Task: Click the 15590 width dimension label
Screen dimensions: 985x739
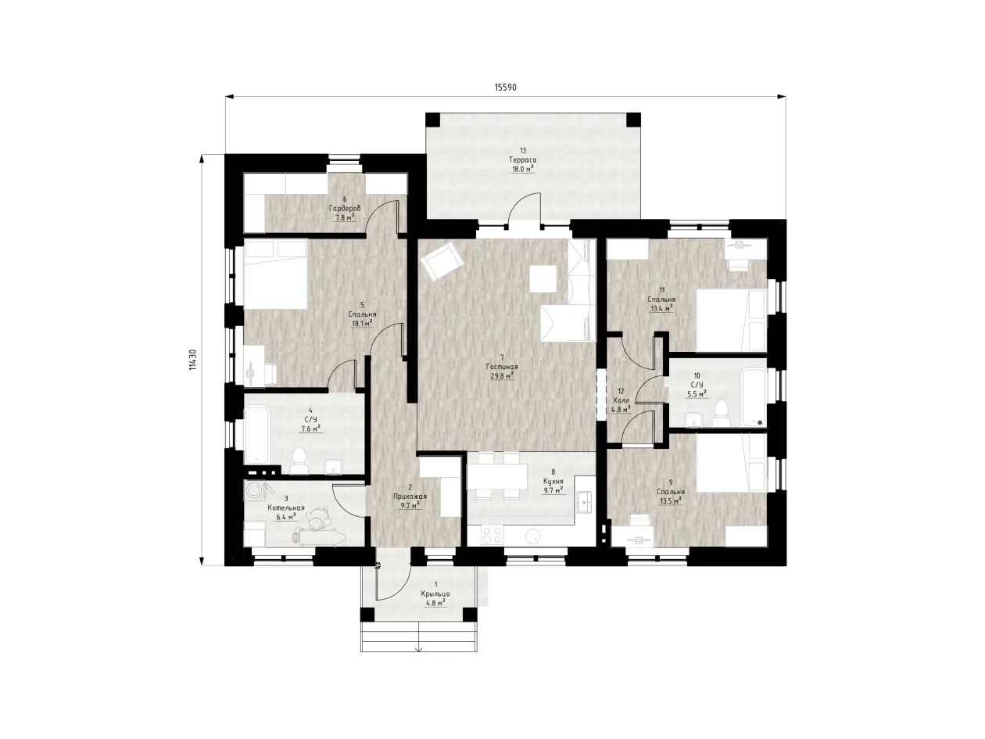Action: click(x=505, y=87)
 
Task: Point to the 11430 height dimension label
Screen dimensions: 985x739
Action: click(x=192, y=360)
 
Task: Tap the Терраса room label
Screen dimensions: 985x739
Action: click(x=522, y=160)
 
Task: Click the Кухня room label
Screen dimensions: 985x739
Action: click(x=553, y=481)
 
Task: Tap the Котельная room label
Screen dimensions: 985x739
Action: click(x=286, y=508)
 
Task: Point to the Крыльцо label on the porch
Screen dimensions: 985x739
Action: click(x=435, y=594)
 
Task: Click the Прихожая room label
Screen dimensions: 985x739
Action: click(x=410, y=497)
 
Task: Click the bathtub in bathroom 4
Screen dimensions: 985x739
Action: click(x=256, y=433)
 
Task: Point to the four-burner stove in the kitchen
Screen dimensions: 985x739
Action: click(x=492, y=536)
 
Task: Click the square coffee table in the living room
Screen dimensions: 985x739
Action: click(x=543, y=278)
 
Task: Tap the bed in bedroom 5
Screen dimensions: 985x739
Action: click(x=275, y=274)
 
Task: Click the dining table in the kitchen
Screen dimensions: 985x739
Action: click(x=496, y=477)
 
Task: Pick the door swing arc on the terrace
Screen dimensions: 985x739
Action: click(x=523, y=207)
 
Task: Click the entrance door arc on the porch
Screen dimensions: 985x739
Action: click(x=392, y=580)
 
